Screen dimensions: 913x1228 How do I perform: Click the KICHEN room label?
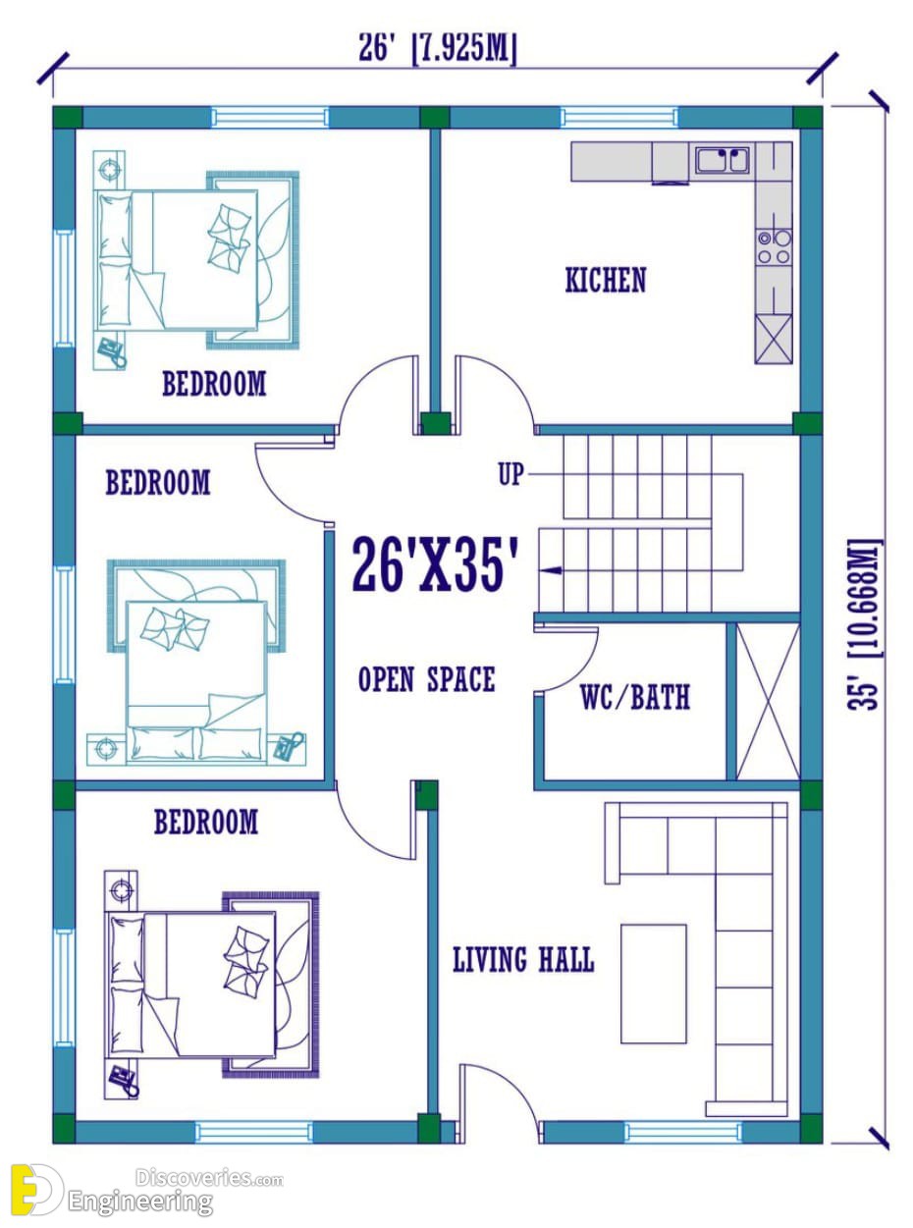coord(605,280)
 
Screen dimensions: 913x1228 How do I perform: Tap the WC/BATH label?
coord(635,698)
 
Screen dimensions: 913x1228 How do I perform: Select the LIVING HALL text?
coord(523,959)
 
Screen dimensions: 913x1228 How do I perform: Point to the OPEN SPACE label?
coord(426,679)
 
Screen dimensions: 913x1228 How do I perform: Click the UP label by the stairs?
coord(510,474)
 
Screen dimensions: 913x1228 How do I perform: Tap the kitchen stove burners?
coord(774,247)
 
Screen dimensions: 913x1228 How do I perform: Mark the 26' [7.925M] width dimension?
coord(437,50)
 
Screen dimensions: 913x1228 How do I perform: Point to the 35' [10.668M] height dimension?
coord(864,623)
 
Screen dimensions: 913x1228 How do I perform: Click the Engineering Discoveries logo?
coord(146,1191)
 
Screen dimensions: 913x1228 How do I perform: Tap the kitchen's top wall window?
coord(619,118)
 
